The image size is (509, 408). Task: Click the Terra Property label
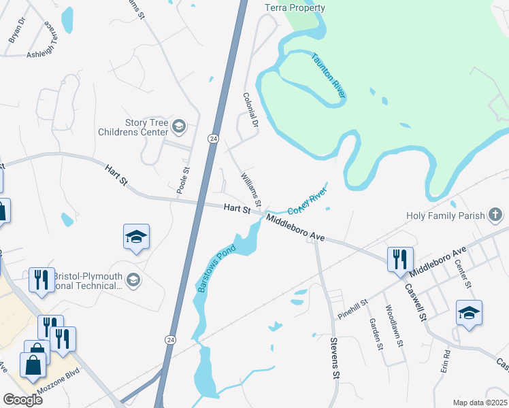click(295, 7)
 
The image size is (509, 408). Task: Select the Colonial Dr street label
click(250, 111)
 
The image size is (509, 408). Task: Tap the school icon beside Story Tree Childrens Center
click(179, 125)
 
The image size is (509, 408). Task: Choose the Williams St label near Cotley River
click(250, 190)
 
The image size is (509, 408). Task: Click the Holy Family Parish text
click(446, 216)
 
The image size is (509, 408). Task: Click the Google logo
click(22, 400)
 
